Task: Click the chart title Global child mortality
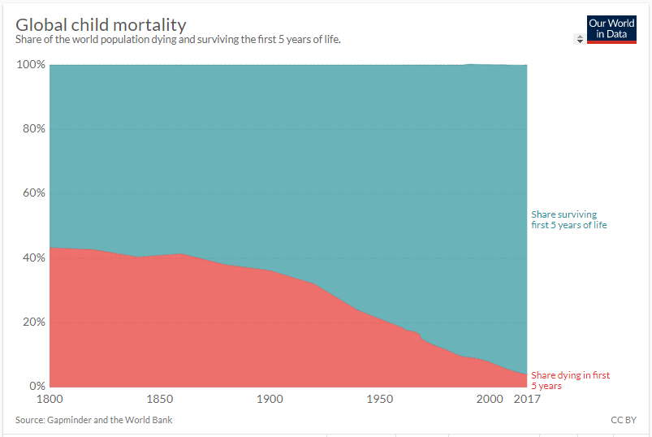click(101, 24)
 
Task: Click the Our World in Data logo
click(611, 28)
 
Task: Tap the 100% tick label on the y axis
click(31, 65)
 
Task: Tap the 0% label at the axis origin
click(37, 386)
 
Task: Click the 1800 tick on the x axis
click(50, 400)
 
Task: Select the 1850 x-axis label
click(159, 400)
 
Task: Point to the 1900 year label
click(270, 400)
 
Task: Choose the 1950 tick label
click(379, 400)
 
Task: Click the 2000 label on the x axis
click(490, 400)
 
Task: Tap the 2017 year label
click(527, 400)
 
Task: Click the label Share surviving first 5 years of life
click(568, 219)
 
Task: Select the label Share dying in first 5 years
click(570, 380)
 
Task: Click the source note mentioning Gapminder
click(93, 420)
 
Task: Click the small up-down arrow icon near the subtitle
click(579, 38)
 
